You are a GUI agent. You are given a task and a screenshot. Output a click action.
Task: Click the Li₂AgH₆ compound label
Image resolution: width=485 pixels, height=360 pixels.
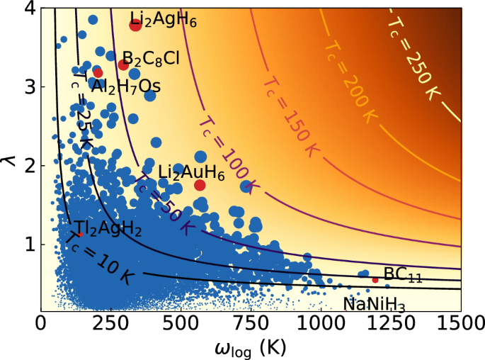pos(162,18)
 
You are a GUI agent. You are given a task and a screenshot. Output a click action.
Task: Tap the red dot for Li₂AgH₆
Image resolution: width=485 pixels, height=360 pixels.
pos(135,26)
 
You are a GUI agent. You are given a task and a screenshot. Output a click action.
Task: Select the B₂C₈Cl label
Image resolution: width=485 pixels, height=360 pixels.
pos(151,57)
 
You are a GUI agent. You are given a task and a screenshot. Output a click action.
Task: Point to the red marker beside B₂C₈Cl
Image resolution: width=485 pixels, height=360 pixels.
pos(123,64)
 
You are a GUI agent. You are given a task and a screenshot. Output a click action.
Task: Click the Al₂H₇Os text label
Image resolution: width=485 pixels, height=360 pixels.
pos(125,86)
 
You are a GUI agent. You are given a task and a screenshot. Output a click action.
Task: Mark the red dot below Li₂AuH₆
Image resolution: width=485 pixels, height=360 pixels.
pos(200,185)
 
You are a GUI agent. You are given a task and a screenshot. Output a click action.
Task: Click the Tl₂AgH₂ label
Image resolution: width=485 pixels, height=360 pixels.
pos(108,228)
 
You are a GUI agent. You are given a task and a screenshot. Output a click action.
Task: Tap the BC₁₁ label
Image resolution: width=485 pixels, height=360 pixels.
pos(403,275)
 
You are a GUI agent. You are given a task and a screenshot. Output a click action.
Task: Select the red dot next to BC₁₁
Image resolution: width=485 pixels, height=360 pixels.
pos(375,280)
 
